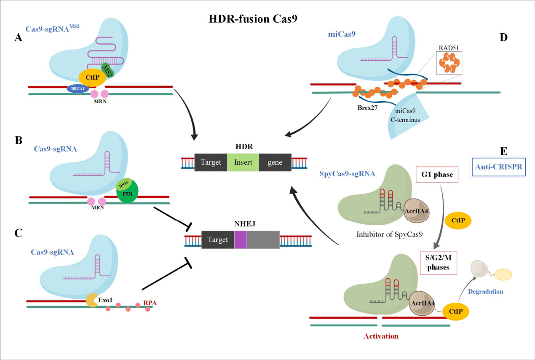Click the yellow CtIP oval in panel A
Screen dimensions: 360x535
click(92, 77)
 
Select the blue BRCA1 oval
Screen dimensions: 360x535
click(75, 89)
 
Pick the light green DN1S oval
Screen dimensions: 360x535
click(124, 183)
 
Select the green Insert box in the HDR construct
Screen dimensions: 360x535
click(243, 162)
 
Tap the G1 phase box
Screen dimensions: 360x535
click(436, 174)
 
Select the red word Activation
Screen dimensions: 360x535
click(380, 336)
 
